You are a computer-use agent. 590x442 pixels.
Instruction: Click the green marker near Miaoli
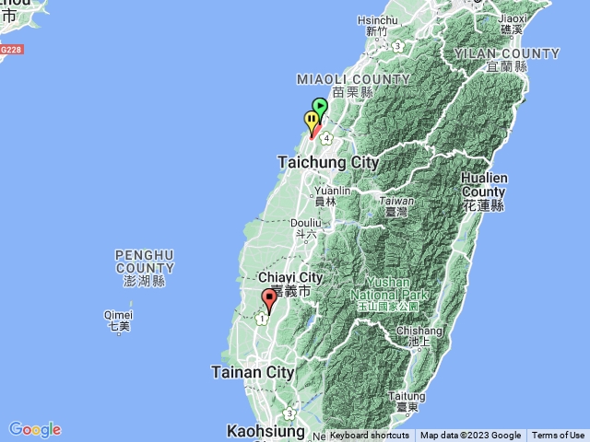320,106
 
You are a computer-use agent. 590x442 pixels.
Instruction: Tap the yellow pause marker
312,119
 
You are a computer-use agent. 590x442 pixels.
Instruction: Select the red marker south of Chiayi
269,298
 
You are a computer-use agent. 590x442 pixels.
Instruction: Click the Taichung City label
328,162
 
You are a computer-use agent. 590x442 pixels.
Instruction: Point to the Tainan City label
253,372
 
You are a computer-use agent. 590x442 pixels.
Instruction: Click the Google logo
35,429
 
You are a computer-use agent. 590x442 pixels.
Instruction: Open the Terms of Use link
558,436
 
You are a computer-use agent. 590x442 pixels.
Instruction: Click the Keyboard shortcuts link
370,436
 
